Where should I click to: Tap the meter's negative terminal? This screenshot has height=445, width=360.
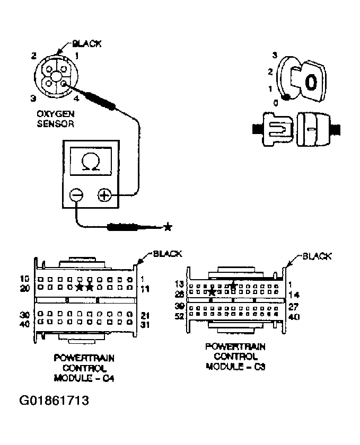click(77, 195)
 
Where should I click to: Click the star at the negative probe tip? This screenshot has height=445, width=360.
click(168, 227)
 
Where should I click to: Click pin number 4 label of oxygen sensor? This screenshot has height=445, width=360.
click(76, 99)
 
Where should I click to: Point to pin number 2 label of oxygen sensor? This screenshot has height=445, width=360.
click(33, 56)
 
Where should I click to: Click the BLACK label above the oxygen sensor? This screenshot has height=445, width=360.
click(86, 44)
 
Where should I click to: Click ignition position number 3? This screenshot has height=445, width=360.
click(275, 55)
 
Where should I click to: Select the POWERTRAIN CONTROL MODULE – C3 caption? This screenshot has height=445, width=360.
click(235, 356)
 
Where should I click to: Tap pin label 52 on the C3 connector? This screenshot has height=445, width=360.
click(180, 316)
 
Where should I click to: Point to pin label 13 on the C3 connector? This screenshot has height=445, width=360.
click(179, 284)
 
